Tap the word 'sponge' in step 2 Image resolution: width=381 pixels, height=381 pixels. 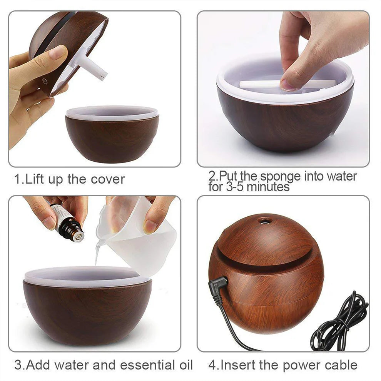280,177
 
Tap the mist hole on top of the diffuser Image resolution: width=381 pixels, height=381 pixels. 264,221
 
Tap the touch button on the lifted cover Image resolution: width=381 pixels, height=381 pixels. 45,82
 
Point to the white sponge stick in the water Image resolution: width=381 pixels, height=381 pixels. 262,84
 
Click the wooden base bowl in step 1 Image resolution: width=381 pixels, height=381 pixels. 112,139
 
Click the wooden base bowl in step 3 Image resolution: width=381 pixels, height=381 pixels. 87,312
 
